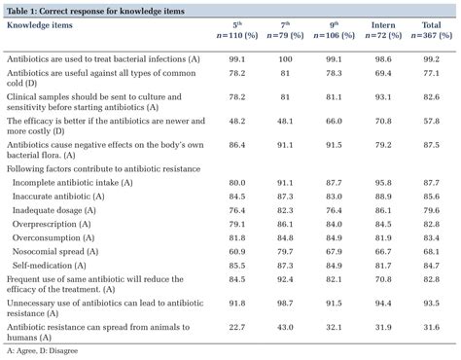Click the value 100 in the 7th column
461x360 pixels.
click(x=284, y=58)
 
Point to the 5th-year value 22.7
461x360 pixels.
click(x=237, y=327)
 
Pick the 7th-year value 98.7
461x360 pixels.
click(x=284, y=304)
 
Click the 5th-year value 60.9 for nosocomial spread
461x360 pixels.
click(x=237, y=251)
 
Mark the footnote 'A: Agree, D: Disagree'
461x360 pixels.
click(x=43, y=348)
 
